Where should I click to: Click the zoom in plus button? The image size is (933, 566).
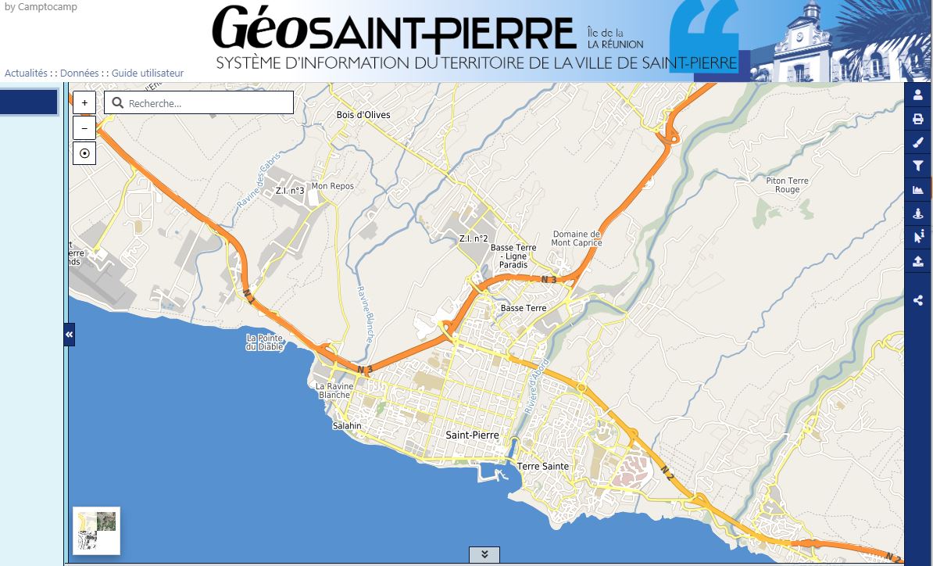click(84, 102)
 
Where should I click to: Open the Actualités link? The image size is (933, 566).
click(26, 73)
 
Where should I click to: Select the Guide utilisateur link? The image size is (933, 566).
click(148, 73)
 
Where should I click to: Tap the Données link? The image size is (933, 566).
click(79, 73)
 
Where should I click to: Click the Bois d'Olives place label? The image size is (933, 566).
click(363, 115)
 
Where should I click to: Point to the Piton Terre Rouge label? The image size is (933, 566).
click(787, 185)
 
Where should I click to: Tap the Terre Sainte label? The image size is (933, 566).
click(543, 467)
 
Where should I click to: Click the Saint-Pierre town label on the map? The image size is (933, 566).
click(472, 435)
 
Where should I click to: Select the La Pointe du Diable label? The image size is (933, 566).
click(263, 342)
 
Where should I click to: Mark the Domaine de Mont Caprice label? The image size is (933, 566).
click(577, 238)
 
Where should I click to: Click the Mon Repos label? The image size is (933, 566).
click(332, 186)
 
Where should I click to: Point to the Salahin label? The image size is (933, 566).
click(347, 426)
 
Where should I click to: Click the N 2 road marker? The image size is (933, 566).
click(667, 471)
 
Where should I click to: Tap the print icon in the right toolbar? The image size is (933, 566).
click(918, 119)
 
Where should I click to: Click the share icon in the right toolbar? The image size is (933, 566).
click(918, 299)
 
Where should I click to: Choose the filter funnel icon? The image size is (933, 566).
click(918, 166)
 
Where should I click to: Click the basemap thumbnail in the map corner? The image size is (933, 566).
click(97, 531)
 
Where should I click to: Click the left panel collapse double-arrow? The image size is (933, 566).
click(69, 335)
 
